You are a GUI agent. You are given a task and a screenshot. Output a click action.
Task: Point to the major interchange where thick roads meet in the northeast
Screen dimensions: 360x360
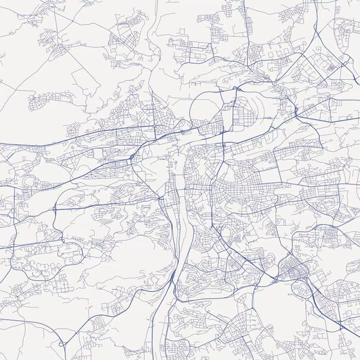pyautogui.click(x=296, y=112)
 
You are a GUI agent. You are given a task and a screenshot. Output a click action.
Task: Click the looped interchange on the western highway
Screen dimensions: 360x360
pyautogui.click(x=55, y=209)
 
